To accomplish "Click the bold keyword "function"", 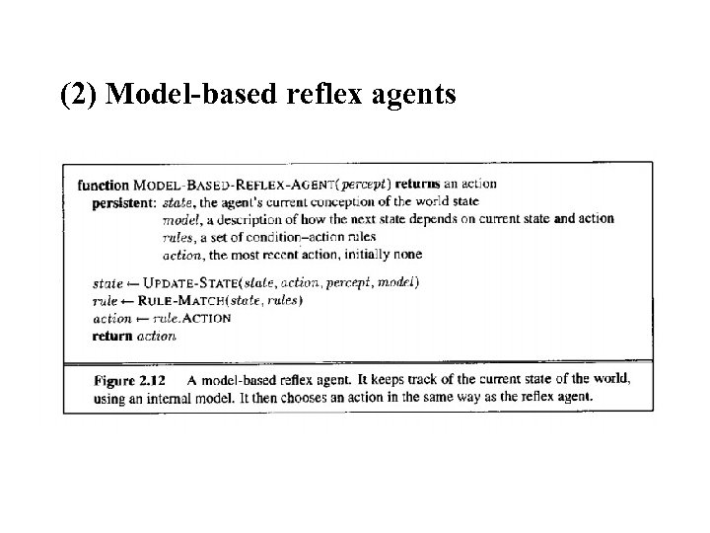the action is (x=104, y=185).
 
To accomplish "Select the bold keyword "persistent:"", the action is (x=123, y=203).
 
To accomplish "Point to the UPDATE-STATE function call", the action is (x=184, y=283).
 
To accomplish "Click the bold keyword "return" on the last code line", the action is (x=111, y=336).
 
